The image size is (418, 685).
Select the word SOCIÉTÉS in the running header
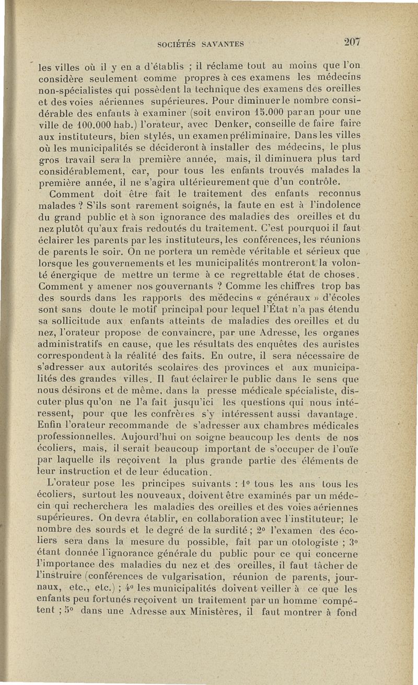tap(178, 44)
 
